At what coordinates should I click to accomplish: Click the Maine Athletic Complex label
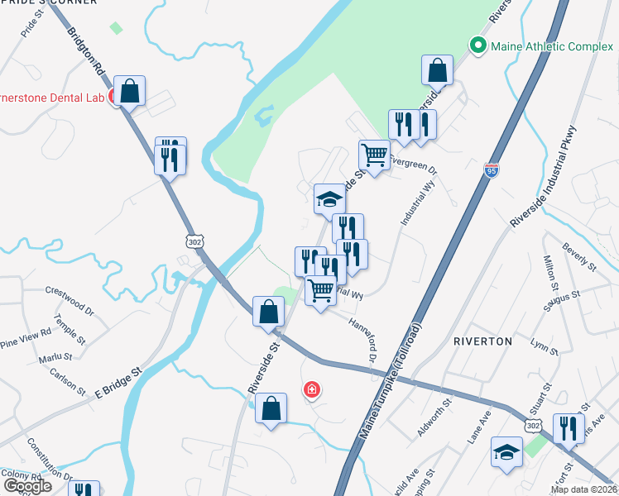552,46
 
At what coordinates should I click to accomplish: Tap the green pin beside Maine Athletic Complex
477,46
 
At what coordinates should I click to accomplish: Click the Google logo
27,486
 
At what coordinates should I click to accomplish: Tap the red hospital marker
311,389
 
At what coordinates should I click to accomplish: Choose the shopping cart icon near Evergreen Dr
374,155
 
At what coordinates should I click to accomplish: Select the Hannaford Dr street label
362,339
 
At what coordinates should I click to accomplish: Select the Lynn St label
545,347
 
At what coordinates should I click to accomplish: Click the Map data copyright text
584,489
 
